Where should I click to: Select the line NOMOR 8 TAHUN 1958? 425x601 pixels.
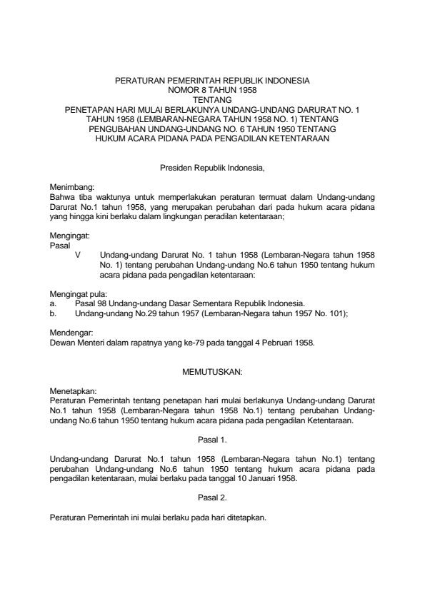212,92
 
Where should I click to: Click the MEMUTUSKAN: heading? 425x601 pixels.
212,372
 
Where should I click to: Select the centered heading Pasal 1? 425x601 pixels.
212,439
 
